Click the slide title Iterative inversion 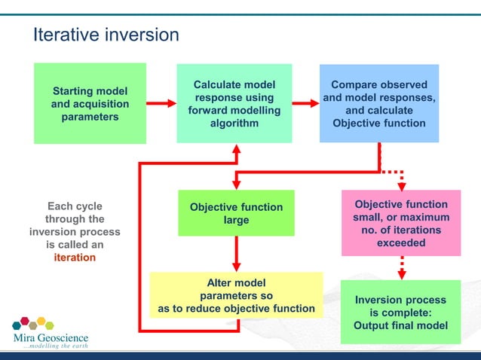[x=106, y=35]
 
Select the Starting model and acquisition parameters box [x=90, y=104]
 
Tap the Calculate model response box [x=234, y=104]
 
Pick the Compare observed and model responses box [x=378, y=104]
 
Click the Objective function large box [x=236, y=213]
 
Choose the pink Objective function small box [x=401, y=223]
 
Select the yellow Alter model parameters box [x=236, y=295]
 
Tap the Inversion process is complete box [x=400, y=312]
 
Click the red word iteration [x=75, y=257]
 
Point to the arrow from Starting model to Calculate [x=161, y=103]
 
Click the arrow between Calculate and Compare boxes [x=305, y=103]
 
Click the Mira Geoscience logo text [x=50, y=338]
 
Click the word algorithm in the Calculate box [x=234, y=123]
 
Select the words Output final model [x=400, y=325]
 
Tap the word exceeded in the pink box [x=401, y=243]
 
